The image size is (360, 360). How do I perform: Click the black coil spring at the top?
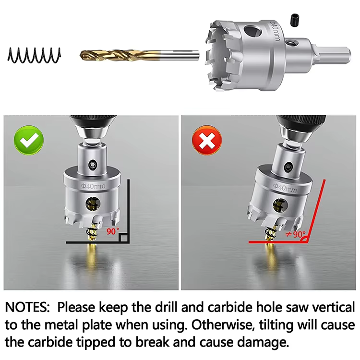[34, 55]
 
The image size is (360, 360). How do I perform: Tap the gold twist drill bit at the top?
[139, 55]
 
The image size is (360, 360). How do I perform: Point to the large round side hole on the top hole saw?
[252, 32]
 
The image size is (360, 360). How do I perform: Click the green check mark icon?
[29, 140]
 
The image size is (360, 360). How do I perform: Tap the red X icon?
[206, 140]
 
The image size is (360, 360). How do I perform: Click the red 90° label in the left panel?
[113, 231]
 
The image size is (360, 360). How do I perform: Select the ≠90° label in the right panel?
[296, 234]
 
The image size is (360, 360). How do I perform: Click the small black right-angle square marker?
[124, 238]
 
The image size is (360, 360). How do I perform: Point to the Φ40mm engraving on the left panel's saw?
[93, 186]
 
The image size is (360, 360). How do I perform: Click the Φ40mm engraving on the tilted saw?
[285, 188]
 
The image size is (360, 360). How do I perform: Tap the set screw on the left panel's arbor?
[93, 165]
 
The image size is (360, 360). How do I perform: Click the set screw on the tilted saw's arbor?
[288, 167]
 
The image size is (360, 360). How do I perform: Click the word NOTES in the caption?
[27, 307]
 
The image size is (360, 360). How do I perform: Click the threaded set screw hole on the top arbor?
[291, 42]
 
